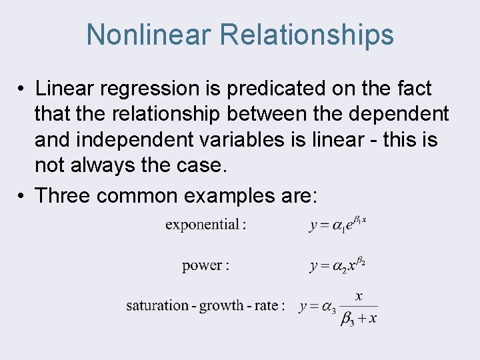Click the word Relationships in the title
click(307, 35)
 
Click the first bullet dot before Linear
click(22, 89)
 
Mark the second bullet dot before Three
click(22, 196)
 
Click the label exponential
click(203, 225)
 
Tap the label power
click(203, 265)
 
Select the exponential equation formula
click(337, 224)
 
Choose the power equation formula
click(337, 265)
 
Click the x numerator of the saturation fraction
click(359, 296)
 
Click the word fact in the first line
click(413, 89)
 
